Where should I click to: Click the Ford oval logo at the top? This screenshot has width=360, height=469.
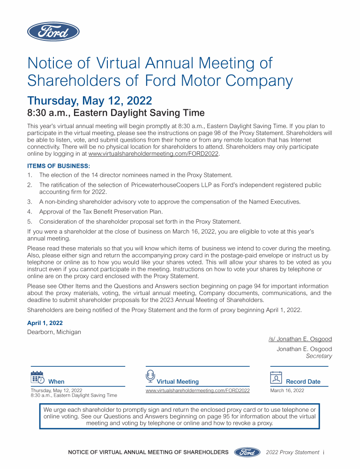tap(53, 31)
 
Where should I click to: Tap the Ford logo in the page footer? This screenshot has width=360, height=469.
tap(247, 452)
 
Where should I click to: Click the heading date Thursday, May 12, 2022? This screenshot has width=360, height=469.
tap(90, 100)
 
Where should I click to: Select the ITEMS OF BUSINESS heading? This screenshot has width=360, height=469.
tap(59, 166)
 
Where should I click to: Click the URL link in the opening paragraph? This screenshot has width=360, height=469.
tap(153, 153)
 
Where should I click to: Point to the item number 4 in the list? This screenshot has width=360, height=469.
tap(30, 212)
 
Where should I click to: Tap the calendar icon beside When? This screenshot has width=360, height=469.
tap(37, 378)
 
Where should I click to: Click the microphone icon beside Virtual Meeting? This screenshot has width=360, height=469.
tap(150, 376)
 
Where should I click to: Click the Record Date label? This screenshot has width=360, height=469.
tap(303, 382)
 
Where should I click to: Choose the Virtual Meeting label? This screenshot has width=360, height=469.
tap(178, 382)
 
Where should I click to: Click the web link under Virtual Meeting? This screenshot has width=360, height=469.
tap(197, 390)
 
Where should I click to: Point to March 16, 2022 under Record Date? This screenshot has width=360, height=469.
tap(287, 390)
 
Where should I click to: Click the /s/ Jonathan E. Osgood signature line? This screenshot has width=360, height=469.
tap(300, 339)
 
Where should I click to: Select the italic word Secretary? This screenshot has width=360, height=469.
tap(319, 356)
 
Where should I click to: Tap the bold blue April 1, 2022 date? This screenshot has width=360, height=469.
tap(45, 323)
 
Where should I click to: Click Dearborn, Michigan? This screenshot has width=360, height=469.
tap(54, 332)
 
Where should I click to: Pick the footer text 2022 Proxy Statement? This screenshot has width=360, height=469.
tap(292, 452)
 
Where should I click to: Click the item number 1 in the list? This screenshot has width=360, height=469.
tap(30, 175)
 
